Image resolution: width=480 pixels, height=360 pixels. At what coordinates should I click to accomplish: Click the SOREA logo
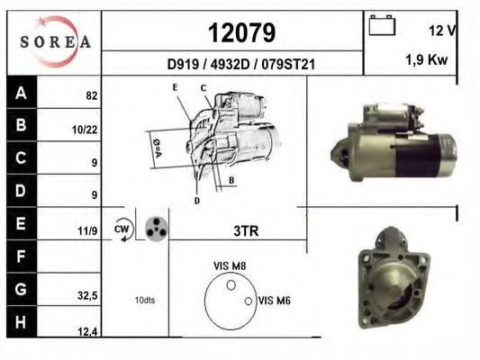coord(55,42)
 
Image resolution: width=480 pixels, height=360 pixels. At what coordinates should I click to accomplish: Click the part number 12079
coord(242,32)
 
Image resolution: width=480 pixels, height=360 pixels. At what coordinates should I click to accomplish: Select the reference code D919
coord(183,64)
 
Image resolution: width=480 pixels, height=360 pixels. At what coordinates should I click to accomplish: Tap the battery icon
coord(382,25)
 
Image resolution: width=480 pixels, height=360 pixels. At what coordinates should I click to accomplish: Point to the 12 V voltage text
coord(442,31)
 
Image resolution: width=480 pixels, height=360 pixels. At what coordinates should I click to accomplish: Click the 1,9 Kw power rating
coord(427,59)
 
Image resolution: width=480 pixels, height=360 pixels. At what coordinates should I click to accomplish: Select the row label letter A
coord(21,93)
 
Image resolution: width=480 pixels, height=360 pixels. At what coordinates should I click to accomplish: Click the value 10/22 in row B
coord(85,130)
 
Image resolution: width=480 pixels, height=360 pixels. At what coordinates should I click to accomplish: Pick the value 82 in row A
coord(92,96)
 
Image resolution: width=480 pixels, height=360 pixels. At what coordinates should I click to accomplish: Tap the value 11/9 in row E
coord(87,231)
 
